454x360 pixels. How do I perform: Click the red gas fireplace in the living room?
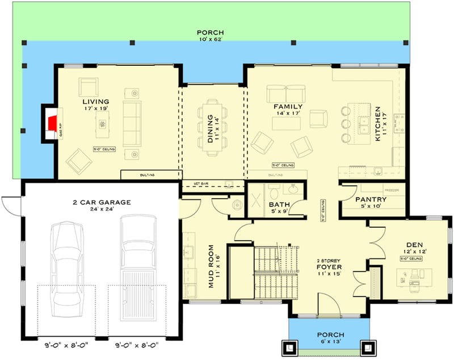[53, 122]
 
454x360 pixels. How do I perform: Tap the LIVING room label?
[95, 102]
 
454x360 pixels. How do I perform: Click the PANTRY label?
[371, 200]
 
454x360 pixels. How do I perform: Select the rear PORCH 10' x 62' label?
[211, 36]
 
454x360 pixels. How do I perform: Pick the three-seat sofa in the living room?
[132, 123]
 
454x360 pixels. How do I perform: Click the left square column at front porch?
[287, 346]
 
